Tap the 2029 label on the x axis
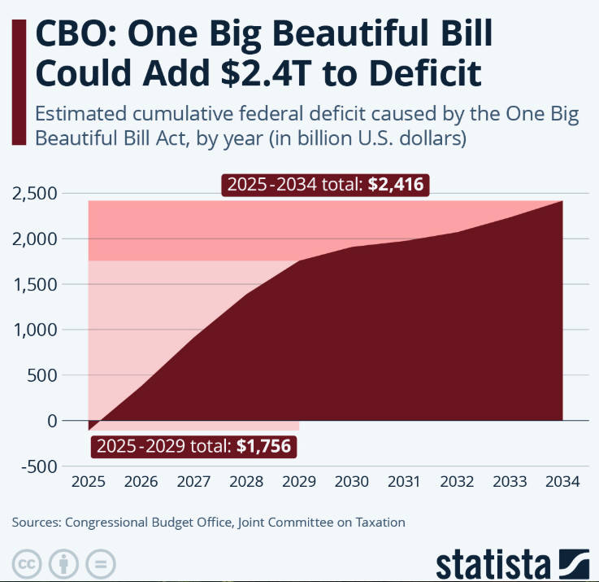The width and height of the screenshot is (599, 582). coord(299,481)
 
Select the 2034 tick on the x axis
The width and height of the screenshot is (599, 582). coord(562,481)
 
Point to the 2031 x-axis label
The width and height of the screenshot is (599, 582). coord(405,481)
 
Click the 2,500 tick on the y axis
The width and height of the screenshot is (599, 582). coord(34,194)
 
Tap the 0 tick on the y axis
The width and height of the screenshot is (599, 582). coord(53,421)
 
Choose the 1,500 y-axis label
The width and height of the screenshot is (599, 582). coord(34,285)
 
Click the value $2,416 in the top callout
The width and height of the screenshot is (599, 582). coord(394,185)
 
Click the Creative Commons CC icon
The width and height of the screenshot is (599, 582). coord(28,563)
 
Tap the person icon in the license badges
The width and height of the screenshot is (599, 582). coord(64,563)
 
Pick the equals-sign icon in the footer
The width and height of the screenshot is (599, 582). coord(100,563)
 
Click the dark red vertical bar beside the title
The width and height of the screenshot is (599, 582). coord(17,81)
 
